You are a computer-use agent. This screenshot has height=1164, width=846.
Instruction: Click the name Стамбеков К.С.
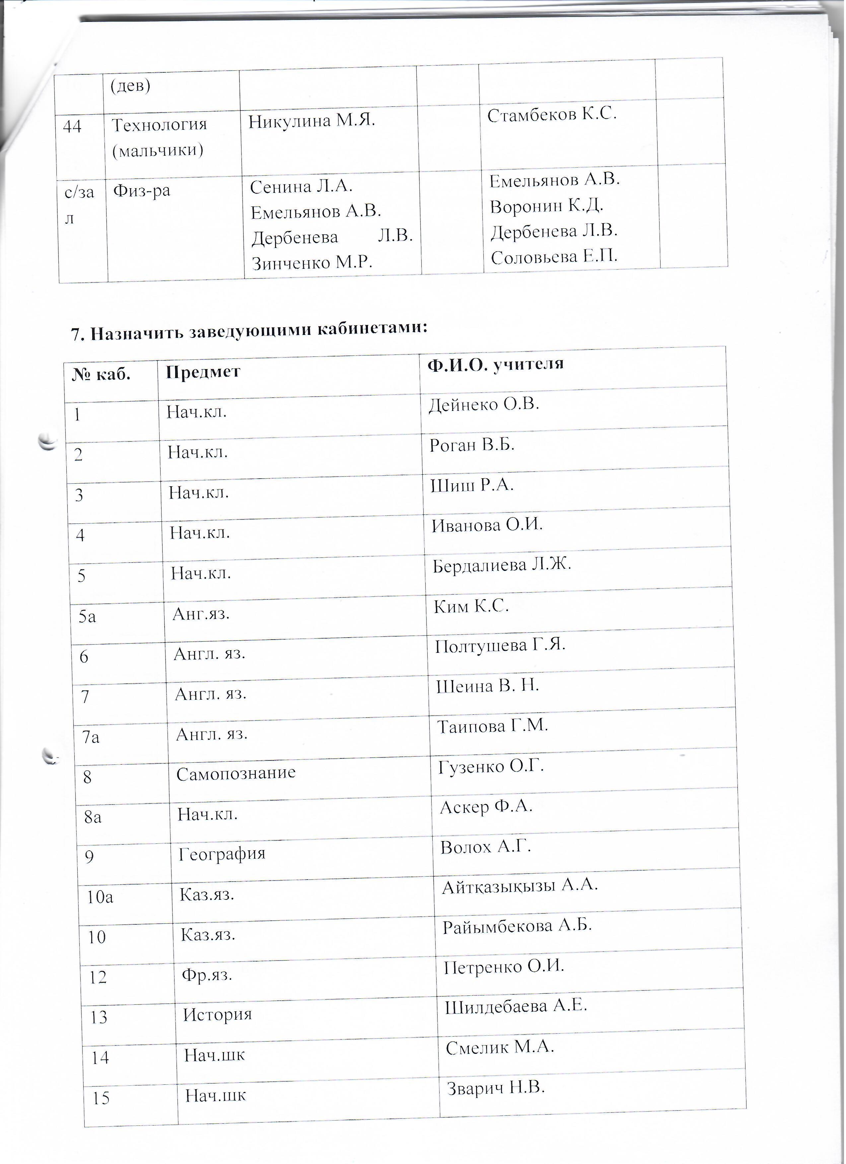[x=551, y=115]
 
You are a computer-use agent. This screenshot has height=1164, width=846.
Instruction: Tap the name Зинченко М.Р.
[x=312, y=263]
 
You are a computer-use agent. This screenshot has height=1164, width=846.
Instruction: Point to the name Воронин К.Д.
[x=547, y=206]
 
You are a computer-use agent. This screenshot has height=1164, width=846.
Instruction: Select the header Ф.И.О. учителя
[x=496, y=364]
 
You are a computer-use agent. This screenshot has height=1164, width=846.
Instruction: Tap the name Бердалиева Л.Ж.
[x=502, y=565]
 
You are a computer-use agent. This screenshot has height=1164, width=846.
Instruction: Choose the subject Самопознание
[x=236, y=773]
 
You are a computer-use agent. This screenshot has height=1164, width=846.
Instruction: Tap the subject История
[x=218, y=1015]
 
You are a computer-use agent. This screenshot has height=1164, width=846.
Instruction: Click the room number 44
[x=72, y=126]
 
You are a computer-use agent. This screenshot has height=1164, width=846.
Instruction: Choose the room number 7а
[x=91, y=737]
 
